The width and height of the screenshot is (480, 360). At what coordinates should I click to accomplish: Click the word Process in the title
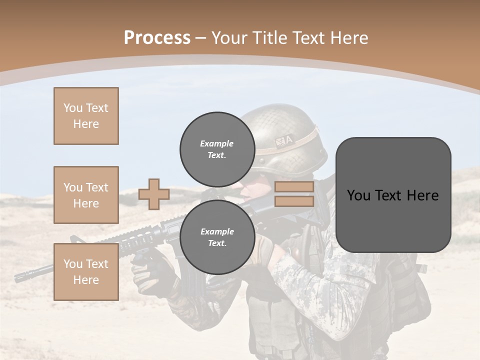click(157, 38)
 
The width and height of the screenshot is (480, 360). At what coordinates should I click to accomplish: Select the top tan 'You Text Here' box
click(86, 116)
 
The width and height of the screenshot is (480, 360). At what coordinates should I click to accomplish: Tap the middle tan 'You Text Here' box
click(86, 195)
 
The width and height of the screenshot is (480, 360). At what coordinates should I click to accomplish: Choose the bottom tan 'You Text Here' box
click(86, 272)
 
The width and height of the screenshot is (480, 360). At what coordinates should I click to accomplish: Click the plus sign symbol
click(154, 194)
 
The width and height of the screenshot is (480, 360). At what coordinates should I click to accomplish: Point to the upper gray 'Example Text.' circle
click(217, 149)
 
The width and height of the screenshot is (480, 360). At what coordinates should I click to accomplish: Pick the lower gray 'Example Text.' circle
click(217, 237)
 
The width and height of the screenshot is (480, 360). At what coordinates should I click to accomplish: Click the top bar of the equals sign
click(294, 187)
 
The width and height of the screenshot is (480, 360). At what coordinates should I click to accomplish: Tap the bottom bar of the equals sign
click(294, 201)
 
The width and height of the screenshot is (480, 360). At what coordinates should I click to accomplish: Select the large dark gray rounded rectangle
click(393, 195)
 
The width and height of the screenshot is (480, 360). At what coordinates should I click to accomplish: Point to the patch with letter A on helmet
click(284, 141)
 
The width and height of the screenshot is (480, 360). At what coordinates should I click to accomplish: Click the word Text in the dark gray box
click(392, 195)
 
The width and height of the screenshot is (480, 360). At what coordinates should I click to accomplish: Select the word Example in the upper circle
click(217, 143)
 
